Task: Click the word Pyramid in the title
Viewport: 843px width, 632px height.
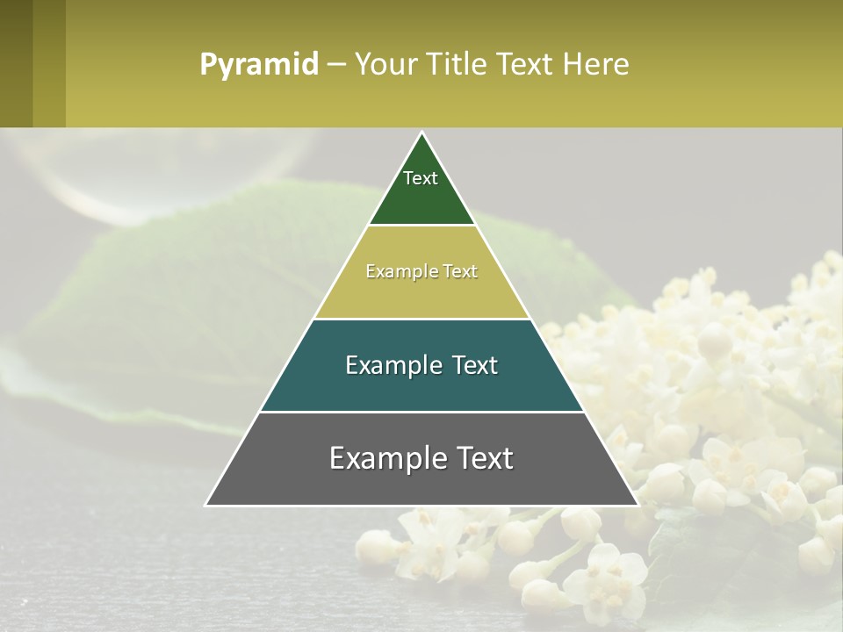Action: coord(258,65)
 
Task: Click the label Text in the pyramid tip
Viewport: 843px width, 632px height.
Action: coord(421,178)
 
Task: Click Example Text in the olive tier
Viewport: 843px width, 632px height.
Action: coord(421,272)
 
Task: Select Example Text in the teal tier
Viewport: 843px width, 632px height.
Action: coord(421,365)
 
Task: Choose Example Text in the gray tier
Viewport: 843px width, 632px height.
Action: coord(421,458)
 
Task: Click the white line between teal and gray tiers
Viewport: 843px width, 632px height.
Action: coord(421,412)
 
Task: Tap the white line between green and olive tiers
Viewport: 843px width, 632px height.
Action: coord(421,226)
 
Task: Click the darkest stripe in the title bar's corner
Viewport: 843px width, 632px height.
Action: coord(16,63)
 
